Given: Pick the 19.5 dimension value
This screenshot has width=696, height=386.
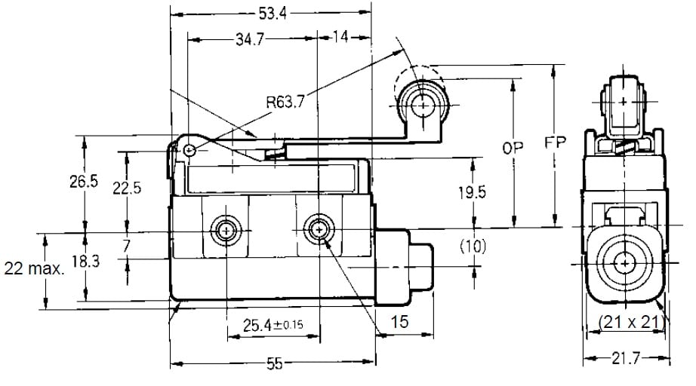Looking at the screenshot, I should pos(473,193).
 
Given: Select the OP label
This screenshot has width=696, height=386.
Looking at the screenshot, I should pos(513,149).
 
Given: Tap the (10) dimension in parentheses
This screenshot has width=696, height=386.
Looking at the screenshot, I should pos(473,247).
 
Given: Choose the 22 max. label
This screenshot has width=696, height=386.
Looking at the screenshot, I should pos(35,268).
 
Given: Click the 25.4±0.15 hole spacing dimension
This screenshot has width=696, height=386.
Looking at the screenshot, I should pos(274,325).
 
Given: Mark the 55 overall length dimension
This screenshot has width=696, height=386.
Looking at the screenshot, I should pos(273,364).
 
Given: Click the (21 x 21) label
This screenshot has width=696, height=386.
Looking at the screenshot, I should pos(630,322).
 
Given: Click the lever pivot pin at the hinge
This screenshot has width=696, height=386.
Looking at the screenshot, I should pos(189,151).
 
